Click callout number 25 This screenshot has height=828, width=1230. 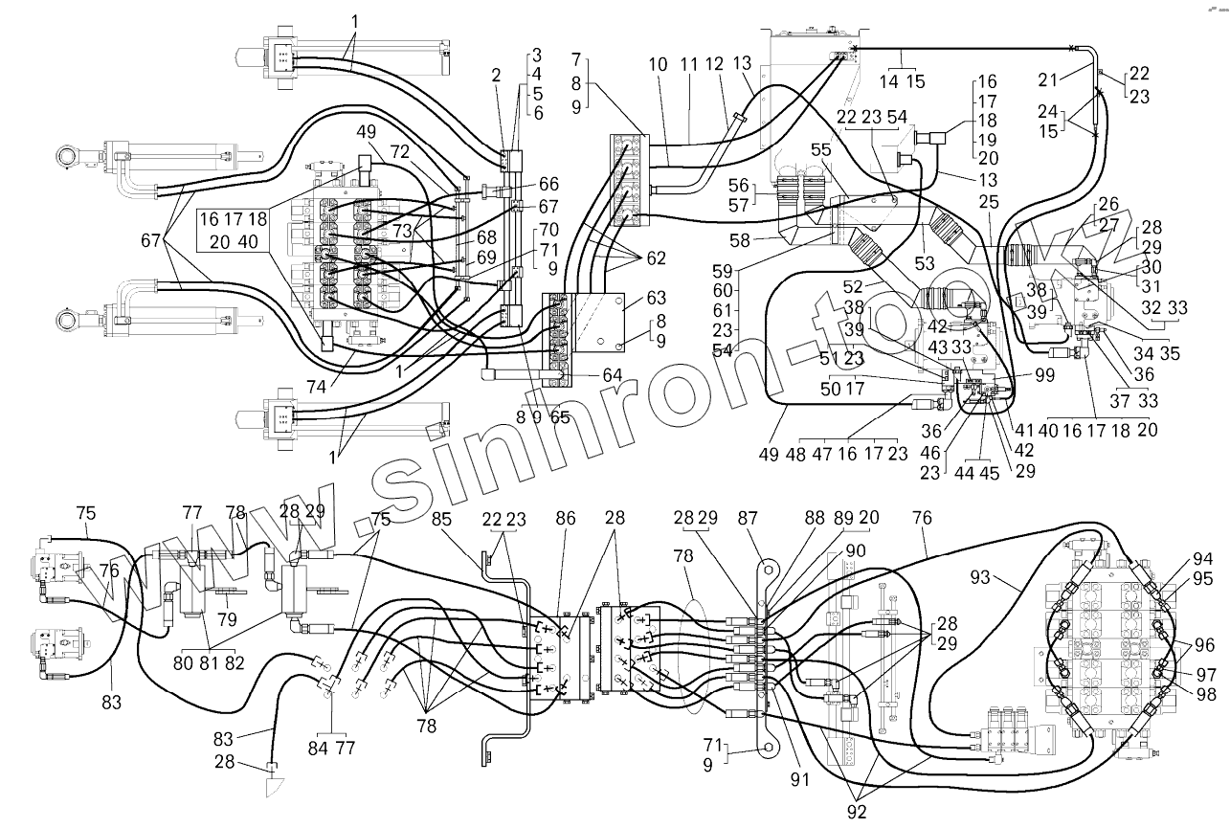click(x=989, y=202)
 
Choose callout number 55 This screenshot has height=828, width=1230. click(x=821, y=152)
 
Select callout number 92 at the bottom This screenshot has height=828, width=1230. click(x=857, y=813)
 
